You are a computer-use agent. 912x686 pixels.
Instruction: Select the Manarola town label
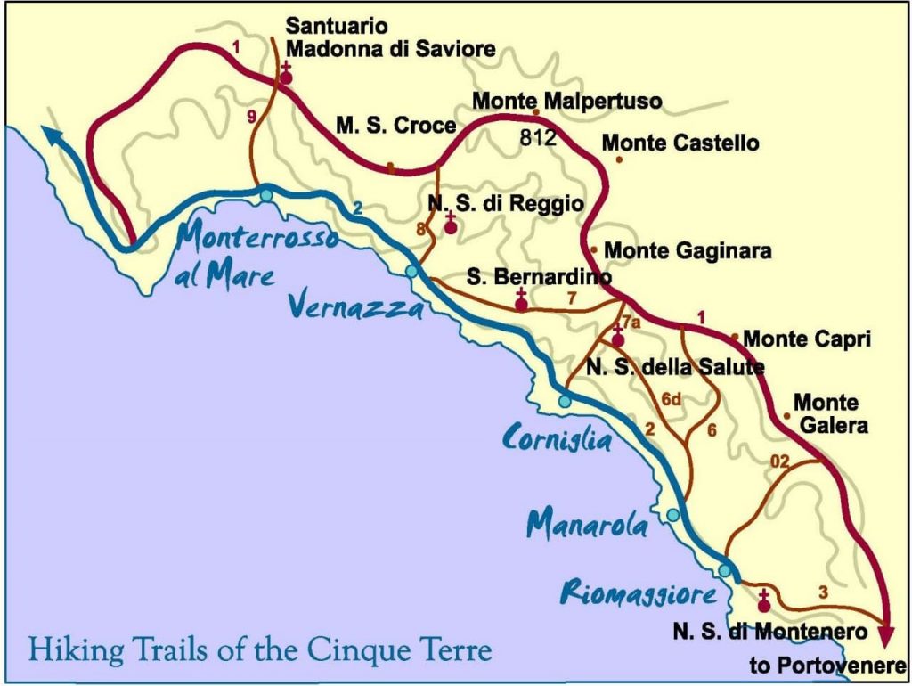588,525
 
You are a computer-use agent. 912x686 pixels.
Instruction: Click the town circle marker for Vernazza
411,272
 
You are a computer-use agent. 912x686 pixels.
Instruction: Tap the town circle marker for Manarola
673,515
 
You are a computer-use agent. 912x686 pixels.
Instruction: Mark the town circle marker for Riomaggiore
726,570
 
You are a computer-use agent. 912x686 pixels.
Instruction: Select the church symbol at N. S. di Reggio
451,226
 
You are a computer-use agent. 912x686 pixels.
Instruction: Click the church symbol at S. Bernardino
522,302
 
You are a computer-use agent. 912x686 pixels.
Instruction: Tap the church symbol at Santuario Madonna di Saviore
287,76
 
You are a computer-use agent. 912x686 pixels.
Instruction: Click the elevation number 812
539,138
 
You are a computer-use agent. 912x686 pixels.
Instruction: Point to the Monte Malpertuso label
566,101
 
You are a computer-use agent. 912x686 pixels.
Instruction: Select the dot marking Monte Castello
620,159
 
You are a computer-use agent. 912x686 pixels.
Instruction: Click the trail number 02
779,461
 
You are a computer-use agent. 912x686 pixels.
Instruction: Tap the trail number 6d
671,400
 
